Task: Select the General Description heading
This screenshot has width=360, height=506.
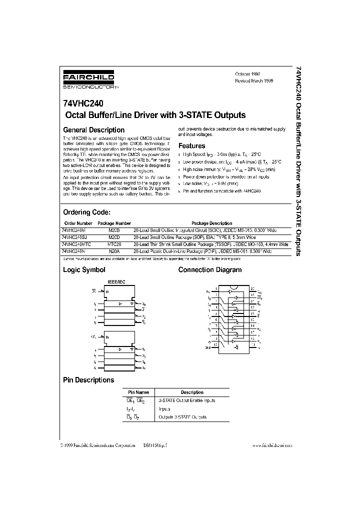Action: pos(93,130)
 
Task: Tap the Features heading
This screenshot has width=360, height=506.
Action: pos(192,146)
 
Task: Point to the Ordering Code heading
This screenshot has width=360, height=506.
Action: pos(90,212)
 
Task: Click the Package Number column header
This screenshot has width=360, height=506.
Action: pos(114,223)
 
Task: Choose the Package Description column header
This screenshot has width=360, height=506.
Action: pos(211,223)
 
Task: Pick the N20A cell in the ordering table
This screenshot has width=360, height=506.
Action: pos(114,251)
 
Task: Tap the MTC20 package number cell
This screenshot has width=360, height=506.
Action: pos(114,244)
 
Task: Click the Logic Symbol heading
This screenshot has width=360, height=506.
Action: pos(84,270)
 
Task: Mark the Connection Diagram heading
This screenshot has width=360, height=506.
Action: pos(210,270)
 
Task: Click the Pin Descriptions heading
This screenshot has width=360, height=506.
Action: pos(88,380)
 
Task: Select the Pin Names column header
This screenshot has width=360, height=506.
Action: pos(138,392)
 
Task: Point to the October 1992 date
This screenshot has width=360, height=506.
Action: pos(247,73)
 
